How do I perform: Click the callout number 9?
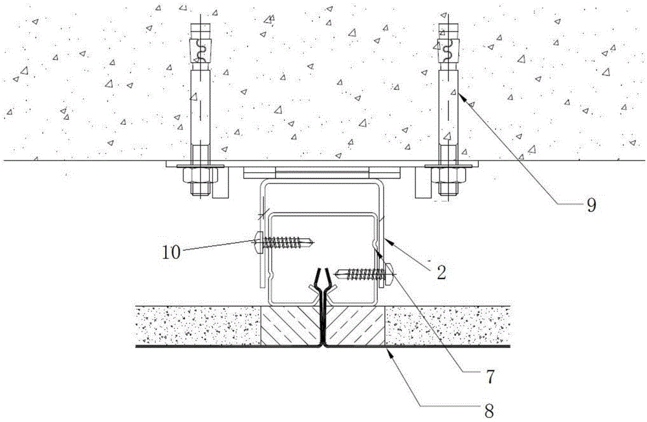(x=591, y=206)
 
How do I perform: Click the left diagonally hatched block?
(x=289, y=326)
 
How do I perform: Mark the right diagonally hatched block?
(x=356, y=326)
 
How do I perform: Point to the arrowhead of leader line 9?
(x=455, y=92)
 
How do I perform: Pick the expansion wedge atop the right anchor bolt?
(x=446, y=48)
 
